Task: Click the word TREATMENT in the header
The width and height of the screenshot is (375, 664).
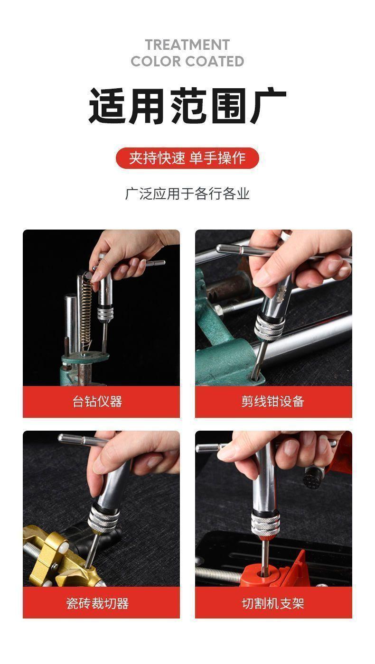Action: point(187,45)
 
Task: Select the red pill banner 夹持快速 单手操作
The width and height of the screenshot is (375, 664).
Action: point(187,158)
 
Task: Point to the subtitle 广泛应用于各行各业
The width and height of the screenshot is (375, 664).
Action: point(187,194)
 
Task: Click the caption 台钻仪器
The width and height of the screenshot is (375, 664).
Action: point(98,401)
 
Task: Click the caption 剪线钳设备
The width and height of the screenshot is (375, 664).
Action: point(272,401)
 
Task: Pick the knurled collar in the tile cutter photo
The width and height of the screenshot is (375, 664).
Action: point(103,519)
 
